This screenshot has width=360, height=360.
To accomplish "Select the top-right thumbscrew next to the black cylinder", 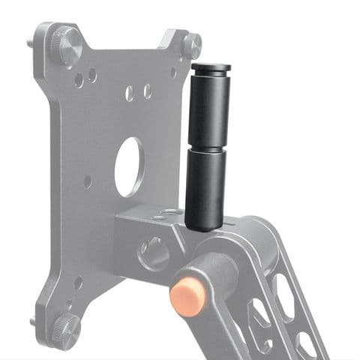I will tap(190, 45).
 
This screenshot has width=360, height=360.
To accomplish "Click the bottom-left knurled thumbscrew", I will tap(65, 325).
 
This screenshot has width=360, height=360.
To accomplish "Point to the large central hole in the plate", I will tap(130, 166).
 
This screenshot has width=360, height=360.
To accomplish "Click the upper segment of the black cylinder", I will tap(208, 109).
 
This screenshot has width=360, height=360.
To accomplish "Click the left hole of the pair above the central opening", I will tap(130, 93).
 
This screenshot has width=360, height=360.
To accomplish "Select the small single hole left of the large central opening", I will tap(88, 181).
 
